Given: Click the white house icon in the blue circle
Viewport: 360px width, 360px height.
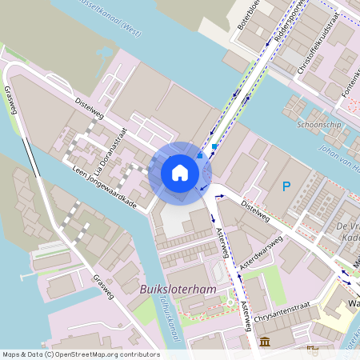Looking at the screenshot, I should pos(180,172).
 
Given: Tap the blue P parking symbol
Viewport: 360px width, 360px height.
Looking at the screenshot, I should pos(286,187).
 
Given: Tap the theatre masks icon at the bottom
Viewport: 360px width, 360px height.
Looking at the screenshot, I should pos(312,350).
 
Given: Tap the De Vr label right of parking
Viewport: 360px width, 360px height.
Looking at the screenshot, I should pos(346,226).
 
